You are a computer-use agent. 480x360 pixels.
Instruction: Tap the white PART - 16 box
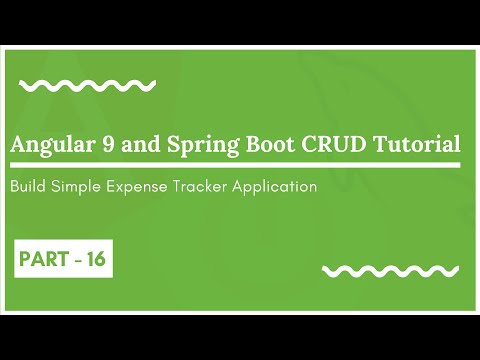[62, 259]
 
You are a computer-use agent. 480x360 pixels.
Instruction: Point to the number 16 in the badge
[96, 259]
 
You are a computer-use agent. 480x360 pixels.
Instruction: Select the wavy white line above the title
[87, 85]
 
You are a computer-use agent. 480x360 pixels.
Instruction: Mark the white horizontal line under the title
[234, 165]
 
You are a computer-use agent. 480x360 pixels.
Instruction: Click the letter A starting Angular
[18, 144]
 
